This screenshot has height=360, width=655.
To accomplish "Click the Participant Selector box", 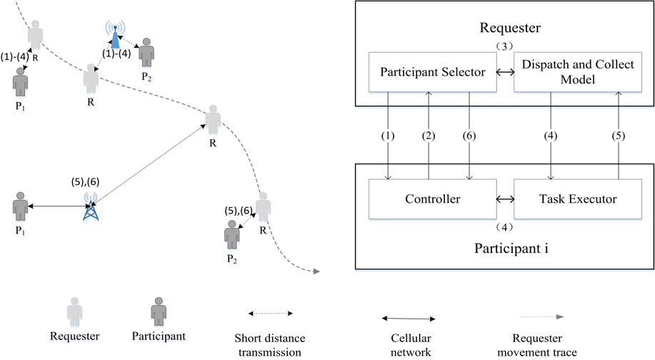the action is point(432,72).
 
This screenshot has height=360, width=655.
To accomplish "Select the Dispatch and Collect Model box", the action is point(577,72).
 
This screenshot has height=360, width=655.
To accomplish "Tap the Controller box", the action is point(432,199).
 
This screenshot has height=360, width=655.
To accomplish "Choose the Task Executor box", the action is point(577,199).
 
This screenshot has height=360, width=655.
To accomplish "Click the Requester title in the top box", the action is point(510,28).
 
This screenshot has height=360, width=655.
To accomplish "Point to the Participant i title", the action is point(511,249).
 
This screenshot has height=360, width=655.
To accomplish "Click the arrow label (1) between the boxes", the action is point(388,136).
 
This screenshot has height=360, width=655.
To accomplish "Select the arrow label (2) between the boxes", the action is point(428,136).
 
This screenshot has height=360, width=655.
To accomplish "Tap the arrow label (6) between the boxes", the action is point(469,136).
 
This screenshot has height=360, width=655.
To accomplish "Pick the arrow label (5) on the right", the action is point(619,136).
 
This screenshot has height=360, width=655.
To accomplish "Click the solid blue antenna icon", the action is point(115,35).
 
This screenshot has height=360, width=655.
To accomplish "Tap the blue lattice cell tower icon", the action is point(91,206).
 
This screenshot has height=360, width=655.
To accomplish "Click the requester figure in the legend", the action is point(75,312).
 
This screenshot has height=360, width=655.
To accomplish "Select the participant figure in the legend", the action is point(159,312).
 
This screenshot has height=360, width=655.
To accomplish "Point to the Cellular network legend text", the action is point(411,345).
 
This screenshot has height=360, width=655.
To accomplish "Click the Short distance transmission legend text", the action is point(270,345).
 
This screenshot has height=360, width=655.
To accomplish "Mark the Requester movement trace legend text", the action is point(537,345).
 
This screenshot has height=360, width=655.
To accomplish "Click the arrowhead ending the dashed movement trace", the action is point(316,271).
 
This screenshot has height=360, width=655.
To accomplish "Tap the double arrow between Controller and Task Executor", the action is point(506,199).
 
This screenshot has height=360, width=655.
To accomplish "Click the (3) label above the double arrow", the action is point(504,46).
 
